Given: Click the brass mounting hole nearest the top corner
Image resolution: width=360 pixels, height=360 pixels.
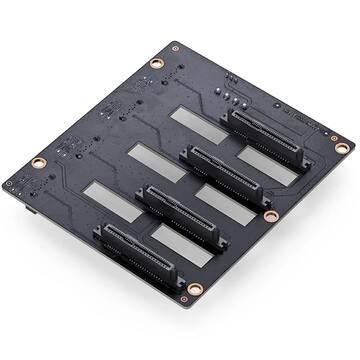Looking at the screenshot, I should click(x=156, y=63).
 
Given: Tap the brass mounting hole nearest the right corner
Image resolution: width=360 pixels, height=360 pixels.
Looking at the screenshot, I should click(x=342, y=147).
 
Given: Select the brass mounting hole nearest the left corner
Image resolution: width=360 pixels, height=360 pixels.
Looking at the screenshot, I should click(x=37, y=162).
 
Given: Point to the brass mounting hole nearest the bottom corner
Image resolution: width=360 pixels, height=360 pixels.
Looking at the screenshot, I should click(x=194, y=289).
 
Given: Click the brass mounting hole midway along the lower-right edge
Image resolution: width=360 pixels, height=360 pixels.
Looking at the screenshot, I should click(x=270, y=215).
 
